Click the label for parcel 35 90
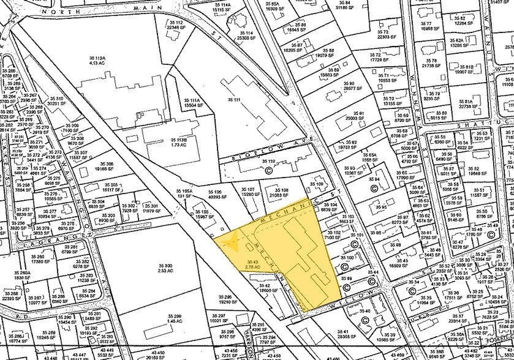349,86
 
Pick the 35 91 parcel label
358,116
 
